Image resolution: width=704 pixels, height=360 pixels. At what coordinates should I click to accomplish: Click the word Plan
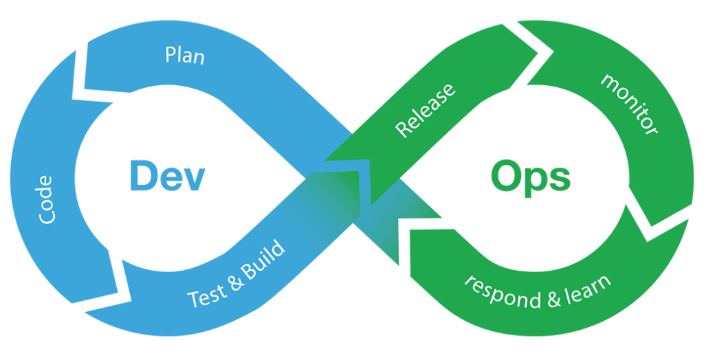(x=184, y=56)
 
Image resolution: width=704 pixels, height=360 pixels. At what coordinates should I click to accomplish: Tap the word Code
(x=46, y=200)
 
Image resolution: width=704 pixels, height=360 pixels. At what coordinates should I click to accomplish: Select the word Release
(x=425, y=110)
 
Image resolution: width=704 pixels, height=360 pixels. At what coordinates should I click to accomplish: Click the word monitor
(x=629, y=104)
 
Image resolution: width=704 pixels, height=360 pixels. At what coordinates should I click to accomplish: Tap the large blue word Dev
(x=167, y=177)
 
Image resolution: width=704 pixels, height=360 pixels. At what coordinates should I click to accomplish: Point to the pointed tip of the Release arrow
(x=325, y=160)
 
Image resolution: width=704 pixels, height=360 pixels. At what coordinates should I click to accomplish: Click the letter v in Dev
(x=193, y=180)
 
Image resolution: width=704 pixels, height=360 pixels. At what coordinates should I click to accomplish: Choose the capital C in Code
(x=46, y=216)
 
